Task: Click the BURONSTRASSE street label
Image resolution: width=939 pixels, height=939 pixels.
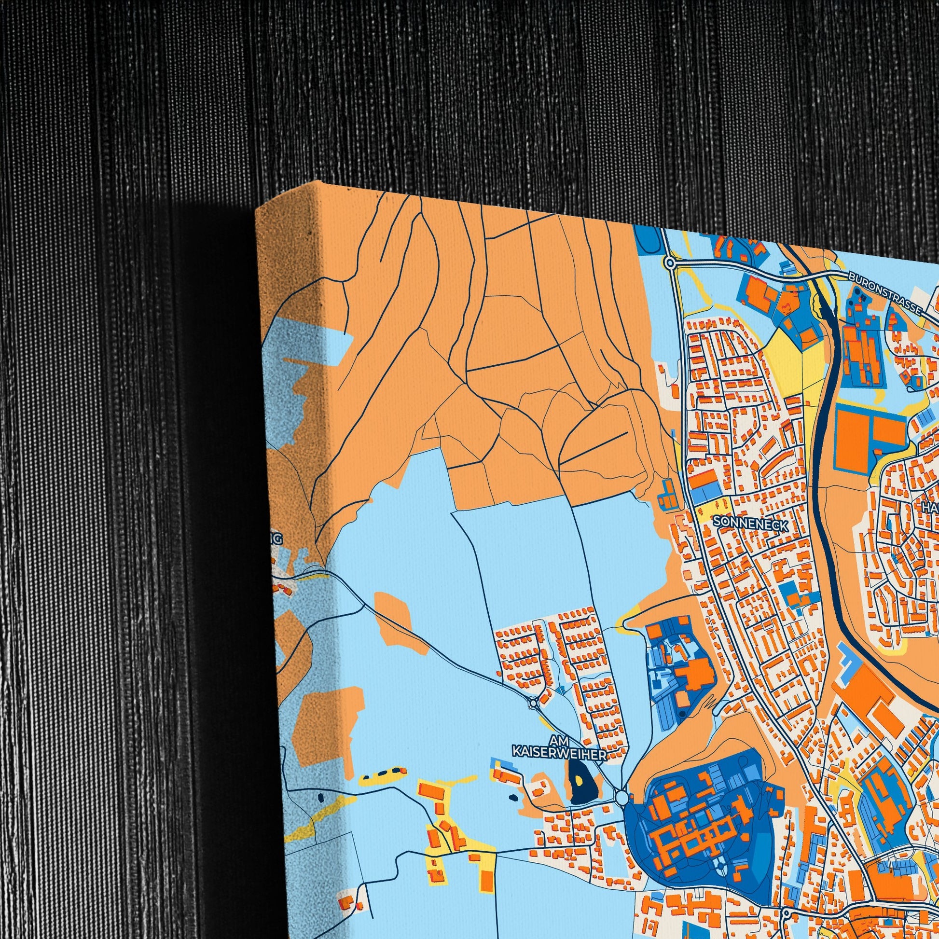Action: pyautogui.click(x=886, y=293)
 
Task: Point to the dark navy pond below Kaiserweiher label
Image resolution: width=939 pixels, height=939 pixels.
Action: pyautogui.click(x=579, y=787)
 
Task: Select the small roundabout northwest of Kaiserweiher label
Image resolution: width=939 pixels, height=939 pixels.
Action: pyautogui.click(x=534, y=702)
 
